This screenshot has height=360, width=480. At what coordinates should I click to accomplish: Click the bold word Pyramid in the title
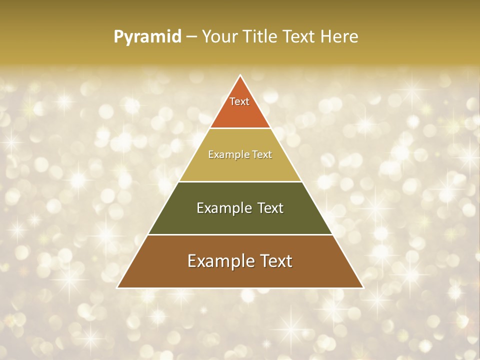tap(147, 37)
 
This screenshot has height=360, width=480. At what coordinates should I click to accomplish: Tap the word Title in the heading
tap(261, 36)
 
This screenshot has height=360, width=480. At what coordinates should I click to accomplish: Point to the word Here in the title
tap(339, 36)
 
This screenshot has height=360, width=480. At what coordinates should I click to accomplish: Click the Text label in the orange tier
tap(239, 101)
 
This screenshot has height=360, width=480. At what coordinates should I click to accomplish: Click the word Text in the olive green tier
tap(270, 208)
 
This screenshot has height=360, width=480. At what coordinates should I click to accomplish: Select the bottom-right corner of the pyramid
tap(362, 287)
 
